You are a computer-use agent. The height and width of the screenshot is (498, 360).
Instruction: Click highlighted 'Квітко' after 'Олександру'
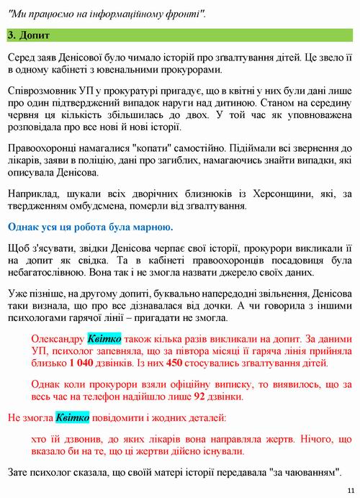click(x=103, y=338)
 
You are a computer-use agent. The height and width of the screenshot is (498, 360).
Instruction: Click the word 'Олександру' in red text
click(x=58, y=338)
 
